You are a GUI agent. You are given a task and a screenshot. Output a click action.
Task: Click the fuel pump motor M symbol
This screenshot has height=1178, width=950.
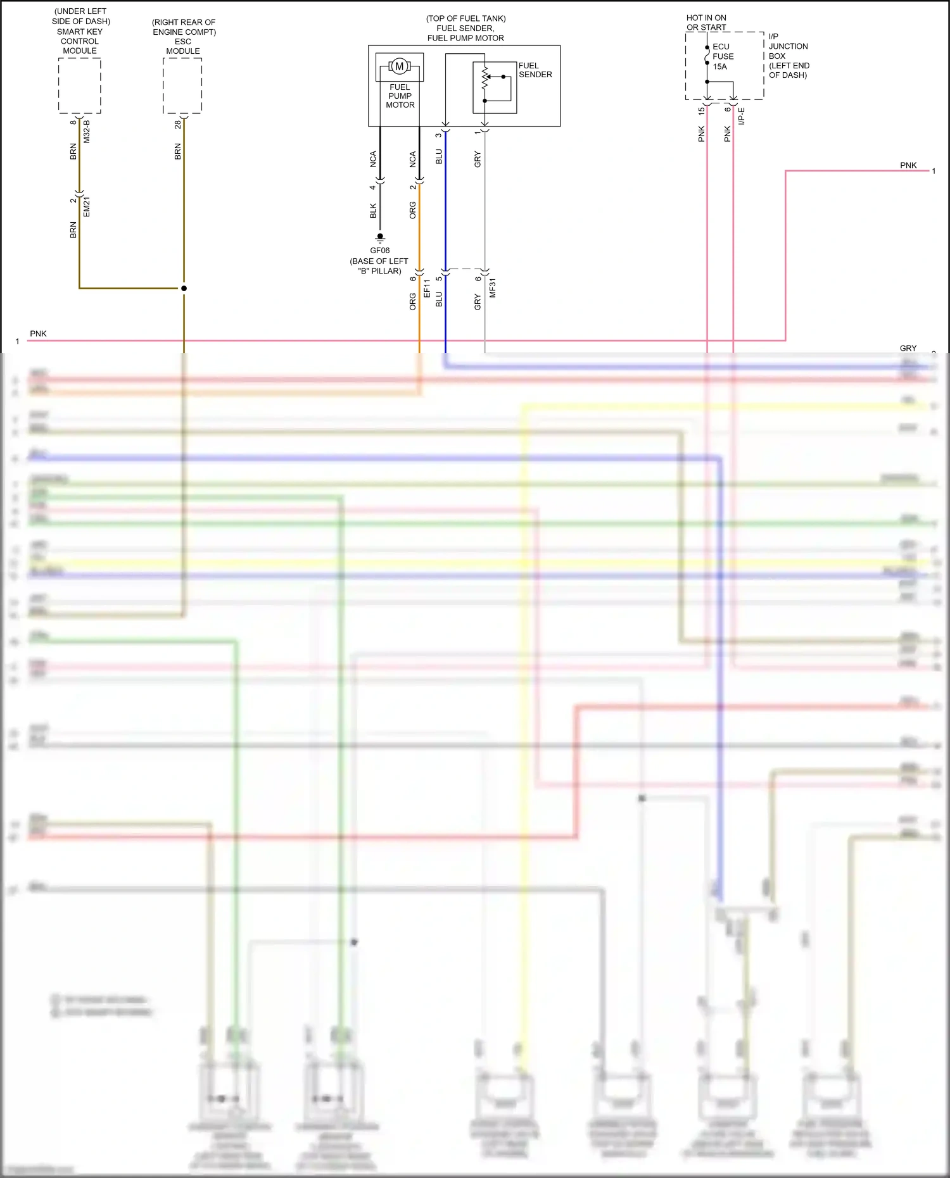pyautogui.click(x=399, y=66)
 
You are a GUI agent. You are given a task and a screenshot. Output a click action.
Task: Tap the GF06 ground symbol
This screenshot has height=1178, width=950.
pyautogui.click(x=380, y=239)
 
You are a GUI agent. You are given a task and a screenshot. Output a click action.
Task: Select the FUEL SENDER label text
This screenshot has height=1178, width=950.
pyautogui.click(x=535, y=70)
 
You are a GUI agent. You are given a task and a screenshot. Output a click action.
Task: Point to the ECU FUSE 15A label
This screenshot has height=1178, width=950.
pyautogui.click(x=723, y=56)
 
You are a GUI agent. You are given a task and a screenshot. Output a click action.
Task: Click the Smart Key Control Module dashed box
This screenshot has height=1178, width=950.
pyautogui.click(x=80, y=85)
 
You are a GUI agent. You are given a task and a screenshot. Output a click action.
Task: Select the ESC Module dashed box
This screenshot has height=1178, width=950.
pyautogui.click(x=182, y=85)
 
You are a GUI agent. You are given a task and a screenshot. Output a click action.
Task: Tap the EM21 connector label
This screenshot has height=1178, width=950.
pyautogui.click(x=87, y=207)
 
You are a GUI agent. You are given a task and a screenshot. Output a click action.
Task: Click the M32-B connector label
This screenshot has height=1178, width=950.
pyautogui.click(x=87, y=131)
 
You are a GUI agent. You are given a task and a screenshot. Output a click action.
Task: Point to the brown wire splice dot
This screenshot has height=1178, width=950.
pyautogui.click(x=184, y=288)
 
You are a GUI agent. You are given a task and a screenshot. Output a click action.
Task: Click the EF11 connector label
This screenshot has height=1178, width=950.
pyautogui.click(x=427, y=289)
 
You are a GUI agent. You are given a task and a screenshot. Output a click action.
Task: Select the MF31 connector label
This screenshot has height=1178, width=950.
pyautogui.click(x=492, y=288)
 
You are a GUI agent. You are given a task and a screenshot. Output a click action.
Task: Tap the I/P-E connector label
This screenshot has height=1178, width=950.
pyautogui.click(x=742, y=116)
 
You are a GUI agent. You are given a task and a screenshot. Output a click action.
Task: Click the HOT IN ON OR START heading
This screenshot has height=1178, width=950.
pyautogui.click(x=706, y=22)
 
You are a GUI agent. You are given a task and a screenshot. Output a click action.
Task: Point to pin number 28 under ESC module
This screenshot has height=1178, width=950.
pyautogui.click(x=178, y=125)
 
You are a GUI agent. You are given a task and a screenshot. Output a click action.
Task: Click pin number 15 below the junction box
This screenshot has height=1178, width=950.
pyautogui.click(x=701, y=110)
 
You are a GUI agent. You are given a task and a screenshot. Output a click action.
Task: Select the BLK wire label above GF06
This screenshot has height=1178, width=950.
pyautogui.click(x=373, y=211)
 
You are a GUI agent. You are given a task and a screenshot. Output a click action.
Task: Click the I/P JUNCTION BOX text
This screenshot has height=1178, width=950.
pyautogui.click(x=788, y=56)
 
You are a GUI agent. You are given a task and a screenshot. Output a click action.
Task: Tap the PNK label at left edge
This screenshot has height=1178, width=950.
pyautogui.click(x=38, y=334)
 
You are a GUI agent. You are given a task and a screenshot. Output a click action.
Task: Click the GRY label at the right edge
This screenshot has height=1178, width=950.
pyautogui.click(x=908, y=348)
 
